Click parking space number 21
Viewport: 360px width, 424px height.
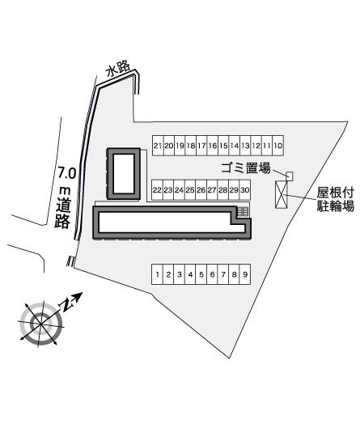point(158,146)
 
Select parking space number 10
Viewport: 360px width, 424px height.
point(278,146)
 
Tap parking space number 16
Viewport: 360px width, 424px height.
point(213,146)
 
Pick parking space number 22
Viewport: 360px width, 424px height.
point(157,190)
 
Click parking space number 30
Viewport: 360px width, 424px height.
point(245,190)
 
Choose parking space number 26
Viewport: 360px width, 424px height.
point(201,190)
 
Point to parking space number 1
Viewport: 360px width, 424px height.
point(157,274)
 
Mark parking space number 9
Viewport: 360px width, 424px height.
point(245,274)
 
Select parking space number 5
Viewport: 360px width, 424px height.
point(201,274)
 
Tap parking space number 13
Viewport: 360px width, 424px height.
point(245,146)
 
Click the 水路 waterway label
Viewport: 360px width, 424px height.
point(118,70)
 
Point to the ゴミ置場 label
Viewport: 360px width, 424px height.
point(246,168)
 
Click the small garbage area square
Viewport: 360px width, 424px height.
point(290,176)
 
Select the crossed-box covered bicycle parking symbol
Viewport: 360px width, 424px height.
point(282,195)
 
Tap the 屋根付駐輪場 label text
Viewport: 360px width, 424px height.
point(335,200)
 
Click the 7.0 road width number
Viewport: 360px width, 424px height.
point(67,173)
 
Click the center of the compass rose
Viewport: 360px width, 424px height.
point(40,323)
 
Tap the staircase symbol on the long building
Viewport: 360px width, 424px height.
point(243,211)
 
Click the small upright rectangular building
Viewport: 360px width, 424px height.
point(124,174)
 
